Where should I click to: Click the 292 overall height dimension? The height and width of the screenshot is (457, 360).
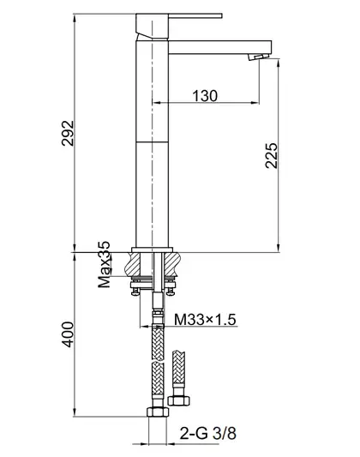[x=68, y=133]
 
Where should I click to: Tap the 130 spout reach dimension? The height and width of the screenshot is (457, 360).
[x=205, y=95]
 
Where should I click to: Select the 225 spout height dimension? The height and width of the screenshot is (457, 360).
[x=272, y=155]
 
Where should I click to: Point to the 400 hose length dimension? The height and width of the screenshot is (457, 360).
[x=68, y=334]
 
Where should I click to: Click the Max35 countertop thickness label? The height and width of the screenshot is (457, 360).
[x=104, y=264]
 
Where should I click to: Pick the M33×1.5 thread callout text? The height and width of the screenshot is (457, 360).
[x=205, y=320]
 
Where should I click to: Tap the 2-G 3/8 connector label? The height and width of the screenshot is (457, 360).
[x=207, y=433]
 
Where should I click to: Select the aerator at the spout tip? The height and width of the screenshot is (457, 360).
[x=257, y=57]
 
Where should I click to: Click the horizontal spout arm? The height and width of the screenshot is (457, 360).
[x=220, y=47]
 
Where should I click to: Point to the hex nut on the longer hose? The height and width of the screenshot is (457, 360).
[x=158, y=412]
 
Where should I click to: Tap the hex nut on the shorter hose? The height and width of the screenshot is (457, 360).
[x=179, y=400]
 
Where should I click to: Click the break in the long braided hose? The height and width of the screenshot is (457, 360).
[x=158, y=362]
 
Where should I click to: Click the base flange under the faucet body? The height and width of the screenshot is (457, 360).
[x=152, y=250]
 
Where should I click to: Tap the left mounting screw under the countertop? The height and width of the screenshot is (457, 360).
[x=135, y=292]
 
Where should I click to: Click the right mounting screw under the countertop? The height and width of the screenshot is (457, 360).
[x=170, y=292]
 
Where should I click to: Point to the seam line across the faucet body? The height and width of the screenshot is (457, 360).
[x=152, y=142]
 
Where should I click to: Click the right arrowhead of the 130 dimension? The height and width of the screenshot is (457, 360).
[x=255, y=102]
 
